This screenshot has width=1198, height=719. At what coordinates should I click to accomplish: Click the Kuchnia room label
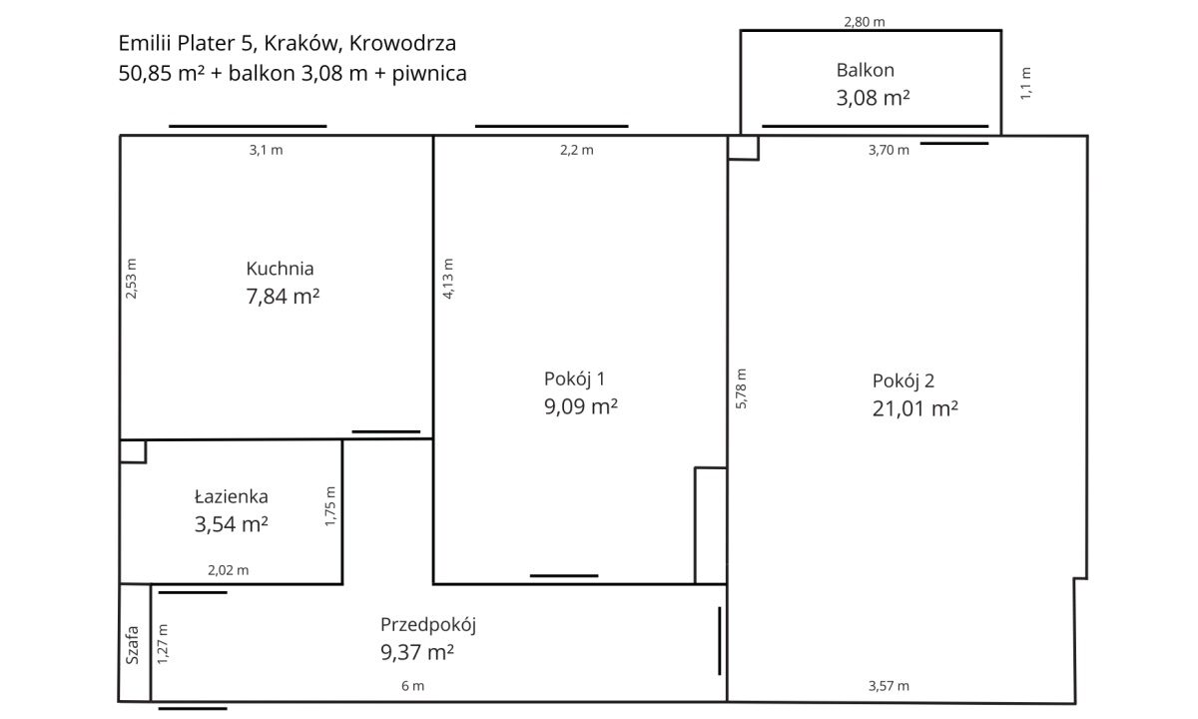(x=280, y=269)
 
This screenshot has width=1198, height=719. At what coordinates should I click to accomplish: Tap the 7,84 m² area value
(x=283, y=296)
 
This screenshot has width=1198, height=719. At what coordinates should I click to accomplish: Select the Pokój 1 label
(x=574, y=379)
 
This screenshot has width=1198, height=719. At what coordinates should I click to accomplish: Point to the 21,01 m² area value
(x=915, y=408)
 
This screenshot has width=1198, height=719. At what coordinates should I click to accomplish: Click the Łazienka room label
(x=231, y=496)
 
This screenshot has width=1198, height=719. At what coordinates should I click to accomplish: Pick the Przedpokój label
(x=428, y=625)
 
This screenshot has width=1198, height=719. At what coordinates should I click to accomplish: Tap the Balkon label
(x=866, y=70)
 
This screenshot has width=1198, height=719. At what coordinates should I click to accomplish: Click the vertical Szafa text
(x=132, y=645)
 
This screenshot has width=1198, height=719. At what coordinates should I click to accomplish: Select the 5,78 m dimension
(x=741, y=388)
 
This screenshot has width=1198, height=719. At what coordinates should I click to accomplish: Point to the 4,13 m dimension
(x=448, y=279)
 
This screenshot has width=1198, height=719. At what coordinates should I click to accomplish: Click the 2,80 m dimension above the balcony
(x=865, y=22)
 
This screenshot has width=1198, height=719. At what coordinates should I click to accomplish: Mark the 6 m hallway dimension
(x=413, y=686)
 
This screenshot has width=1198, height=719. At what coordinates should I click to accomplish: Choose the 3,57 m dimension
(x=889, y=686)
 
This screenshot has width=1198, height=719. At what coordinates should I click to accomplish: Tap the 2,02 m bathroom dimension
(x=229, y=570)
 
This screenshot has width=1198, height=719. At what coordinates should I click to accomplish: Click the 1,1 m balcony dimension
(x=1025, y=84)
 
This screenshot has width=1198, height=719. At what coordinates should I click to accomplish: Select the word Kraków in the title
(x=303, y=43)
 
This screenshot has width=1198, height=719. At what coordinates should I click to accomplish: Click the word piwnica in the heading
(x=429, y=73)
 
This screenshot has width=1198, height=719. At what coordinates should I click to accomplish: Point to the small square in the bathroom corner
(x=133, y=452)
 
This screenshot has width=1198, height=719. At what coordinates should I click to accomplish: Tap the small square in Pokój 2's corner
(x=744, y=148)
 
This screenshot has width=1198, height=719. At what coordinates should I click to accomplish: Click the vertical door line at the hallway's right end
(x=720, y=641)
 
